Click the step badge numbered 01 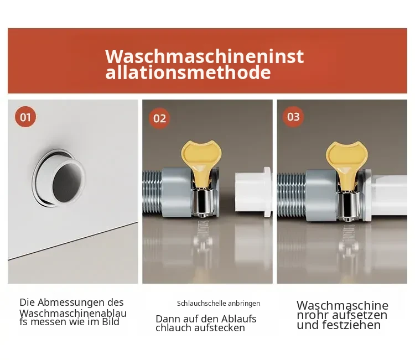[x=25, y=117]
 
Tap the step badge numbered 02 [x=159, y=118]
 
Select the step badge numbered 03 [x=293, y=117]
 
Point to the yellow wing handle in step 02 [x=201, y=161]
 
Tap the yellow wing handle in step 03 [x=347, y=163]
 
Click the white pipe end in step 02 [x=253, y=192]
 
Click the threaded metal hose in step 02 [x=152, y=192]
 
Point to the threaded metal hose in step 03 [x=292, y=195]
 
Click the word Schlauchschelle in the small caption [x=201, y=304]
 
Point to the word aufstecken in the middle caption [x=219, y=328]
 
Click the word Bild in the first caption [x=111, y=322]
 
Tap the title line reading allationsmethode [x=188, y=72]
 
